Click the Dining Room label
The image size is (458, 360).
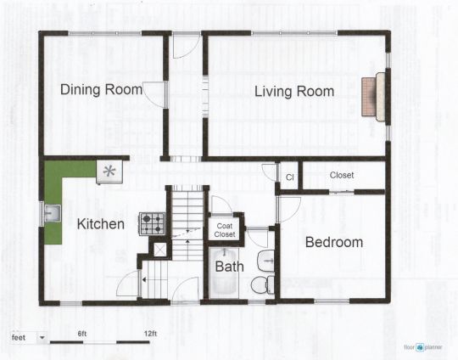[x=102, y=89]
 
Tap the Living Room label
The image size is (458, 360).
[x=294, y=91]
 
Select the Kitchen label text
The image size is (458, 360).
[x=101, y=224]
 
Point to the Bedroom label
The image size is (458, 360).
[x=334, y=242]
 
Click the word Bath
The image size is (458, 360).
[x=229, y=267]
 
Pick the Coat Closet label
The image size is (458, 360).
[x=225, y=230]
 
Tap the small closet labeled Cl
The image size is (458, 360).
[x=290, y=177]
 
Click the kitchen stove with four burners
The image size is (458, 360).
[x=152, y=223]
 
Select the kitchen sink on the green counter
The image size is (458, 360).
[x=53, y=213]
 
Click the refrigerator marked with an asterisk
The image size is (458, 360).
[x=109, y=172]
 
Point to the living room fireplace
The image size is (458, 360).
[x=373, y=97]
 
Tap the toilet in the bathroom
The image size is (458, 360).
[x=263, y=284]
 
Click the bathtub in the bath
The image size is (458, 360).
[x=224, y=273]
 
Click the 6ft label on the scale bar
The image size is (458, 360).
[x=82, y=334]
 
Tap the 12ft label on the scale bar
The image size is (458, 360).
[x=150, y=334]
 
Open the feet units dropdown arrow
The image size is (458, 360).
[x=42, y=338]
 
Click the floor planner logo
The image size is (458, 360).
[x=423, y=347]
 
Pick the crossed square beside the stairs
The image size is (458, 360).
[x=160, y=250]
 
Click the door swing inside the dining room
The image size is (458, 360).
[x=154, y=94]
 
